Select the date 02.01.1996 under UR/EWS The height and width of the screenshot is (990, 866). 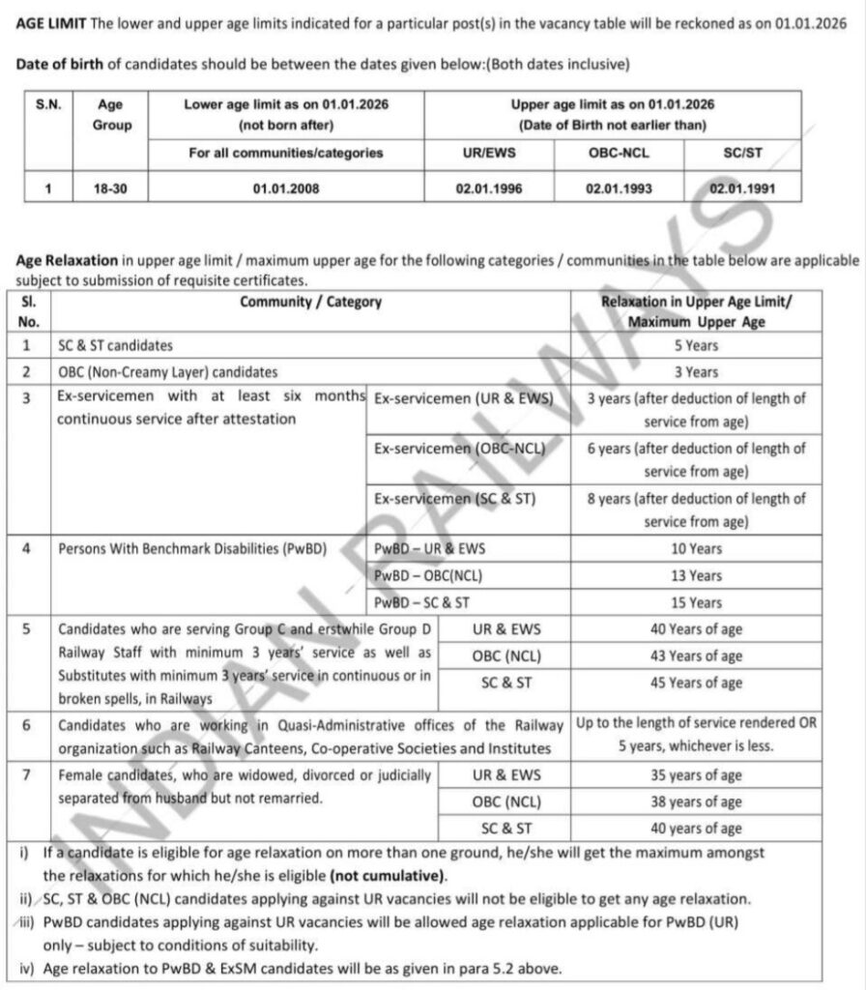[489, 189]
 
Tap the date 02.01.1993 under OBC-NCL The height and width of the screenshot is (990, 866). [619, 189]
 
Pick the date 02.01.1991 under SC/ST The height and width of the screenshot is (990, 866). [742, 189]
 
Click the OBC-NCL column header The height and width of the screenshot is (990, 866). [619, 153]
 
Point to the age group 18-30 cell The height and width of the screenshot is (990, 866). [107, 189]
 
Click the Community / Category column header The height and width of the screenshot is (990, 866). [311, 302]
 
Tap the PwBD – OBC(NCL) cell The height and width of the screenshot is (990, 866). [428, 575]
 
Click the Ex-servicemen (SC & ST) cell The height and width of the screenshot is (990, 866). [454, 499]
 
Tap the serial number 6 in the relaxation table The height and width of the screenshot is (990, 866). [26, 724]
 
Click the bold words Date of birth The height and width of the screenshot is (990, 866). [58, 65]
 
